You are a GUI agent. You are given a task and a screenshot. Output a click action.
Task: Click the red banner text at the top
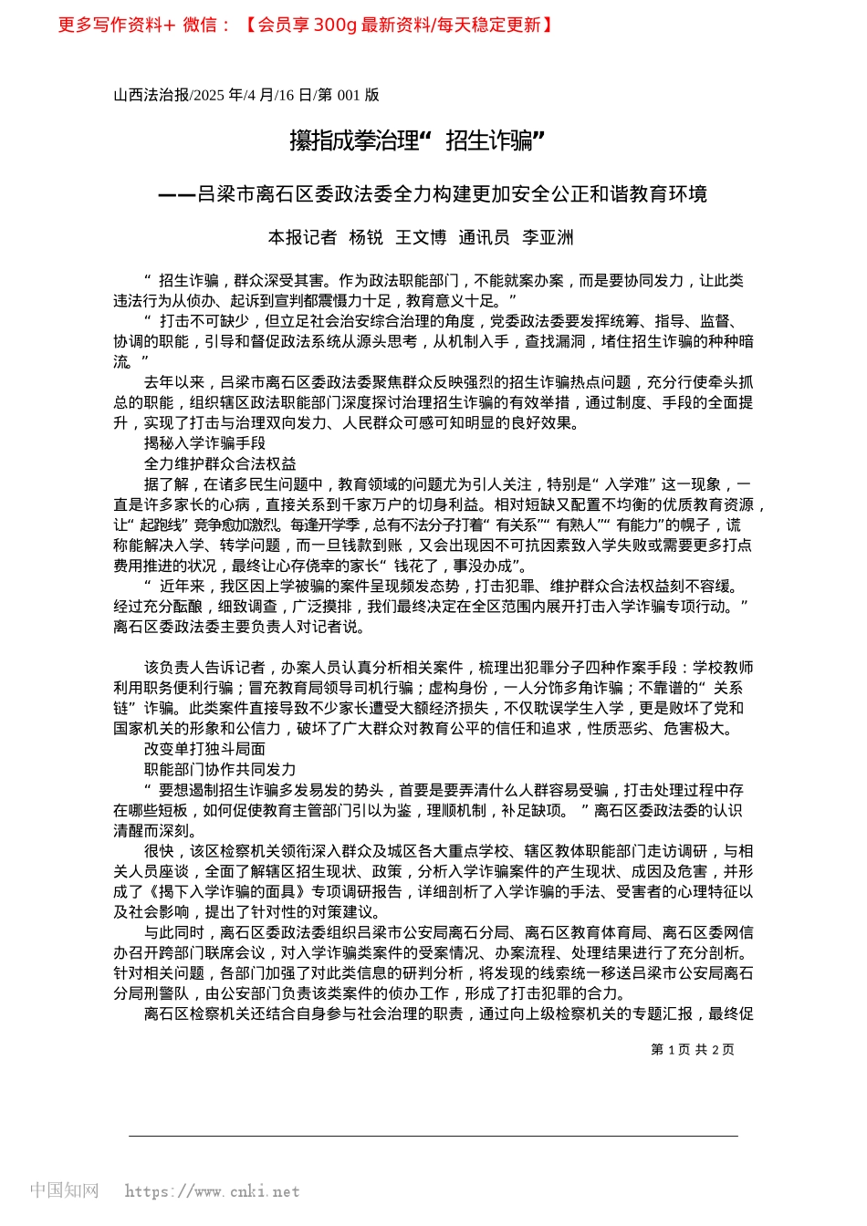click(x=306, y=26)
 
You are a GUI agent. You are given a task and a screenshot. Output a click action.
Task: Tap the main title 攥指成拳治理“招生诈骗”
click(x=417, y=140)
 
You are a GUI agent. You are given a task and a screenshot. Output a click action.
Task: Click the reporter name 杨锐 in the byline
click(x=366, y=238)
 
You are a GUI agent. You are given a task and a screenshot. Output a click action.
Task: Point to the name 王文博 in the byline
click(x=421, y=238)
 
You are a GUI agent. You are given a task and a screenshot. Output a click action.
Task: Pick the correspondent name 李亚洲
click(x=548, y=238)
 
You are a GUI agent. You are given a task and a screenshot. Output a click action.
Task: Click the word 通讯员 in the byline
click(x=484, y=238)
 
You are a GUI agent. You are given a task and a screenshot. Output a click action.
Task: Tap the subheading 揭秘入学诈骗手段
click(x=204, y=443)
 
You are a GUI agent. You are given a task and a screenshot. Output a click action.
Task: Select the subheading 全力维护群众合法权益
click(x=220, y=463)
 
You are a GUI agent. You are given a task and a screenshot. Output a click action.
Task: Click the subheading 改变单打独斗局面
click(x=204, y=749)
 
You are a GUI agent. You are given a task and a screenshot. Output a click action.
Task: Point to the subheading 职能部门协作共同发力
click(x=220, y=769)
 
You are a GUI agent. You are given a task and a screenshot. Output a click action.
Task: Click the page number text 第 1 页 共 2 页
click(x=692, y=1050)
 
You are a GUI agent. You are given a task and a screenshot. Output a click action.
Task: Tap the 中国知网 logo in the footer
click(x=64, y=1190)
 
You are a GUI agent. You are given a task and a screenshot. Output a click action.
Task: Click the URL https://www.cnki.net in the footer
click(x=212, y=1191)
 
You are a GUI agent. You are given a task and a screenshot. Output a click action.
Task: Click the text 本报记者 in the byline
click(x=302, y=238)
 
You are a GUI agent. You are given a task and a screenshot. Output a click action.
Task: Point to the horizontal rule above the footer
click(x=433, y=1136)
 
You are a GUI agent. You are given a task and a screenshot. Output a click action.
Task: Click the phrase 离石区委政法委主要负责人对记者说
click(x=239, y=627)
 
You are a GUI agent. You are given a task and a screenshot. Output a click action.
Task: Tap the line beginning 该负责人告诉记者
click(x=447, y=668)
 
